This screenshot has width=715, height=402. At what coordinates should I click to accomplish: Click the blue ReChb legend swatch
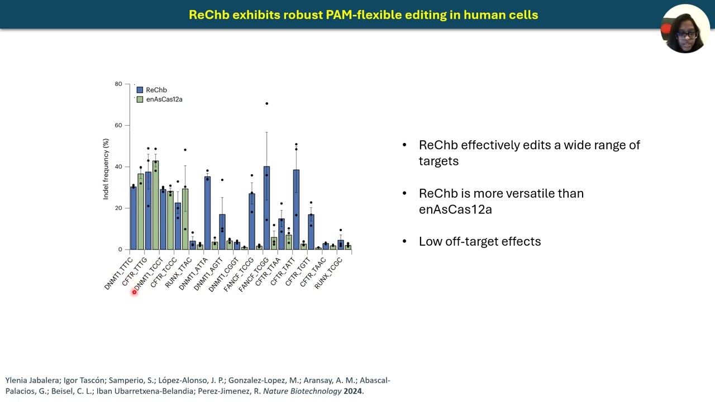click(140, 90)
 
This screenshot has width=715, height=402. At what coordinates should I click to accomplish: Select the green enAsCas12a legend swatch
click(140, 99)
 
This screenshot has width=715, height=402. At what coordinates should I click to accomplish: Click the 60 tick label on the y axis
click(118, 126)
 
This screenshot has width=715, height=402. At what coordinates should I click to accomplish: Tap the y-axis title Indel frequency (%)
click(106, 169)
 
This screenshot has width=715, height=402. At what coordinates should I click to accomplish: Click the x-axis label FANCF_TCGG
click(254, 275)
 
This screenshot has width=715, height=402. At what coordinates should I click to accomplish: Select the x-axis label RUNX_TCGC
click(328, 274)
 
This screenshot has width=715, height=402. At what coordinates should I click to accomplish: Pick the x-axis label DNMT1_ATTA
click(193, 274)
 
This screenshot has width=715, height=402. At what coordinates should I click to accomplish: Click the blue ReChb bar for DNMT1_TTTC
click(134, 218)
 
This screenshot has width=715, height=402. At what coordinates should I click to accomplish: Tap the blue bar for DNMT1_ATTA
click(207, 213)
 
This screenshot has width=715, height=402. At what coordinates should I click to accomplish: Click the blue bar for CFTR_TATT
click(296, 209)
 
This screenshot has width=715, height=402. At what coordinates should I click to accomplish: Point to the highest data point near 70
click(267, 104)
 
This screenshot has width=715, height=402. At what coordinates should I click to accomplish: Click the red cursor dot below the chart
click(135, 292)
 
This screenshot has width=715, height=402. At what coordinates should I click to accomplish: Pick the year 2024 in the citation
click(352, 391)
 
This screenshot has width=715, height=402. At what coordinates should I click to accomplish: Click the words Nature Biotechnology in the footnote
click(302, 391)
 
